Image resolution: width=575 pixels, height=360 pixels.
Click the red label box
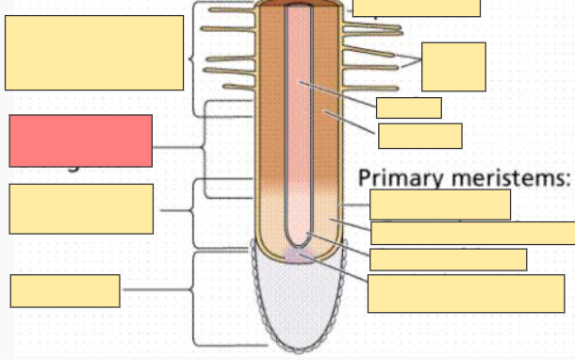point(80,140)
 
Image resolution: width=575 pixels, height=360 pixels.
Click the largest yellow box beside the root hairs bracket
point(94,53)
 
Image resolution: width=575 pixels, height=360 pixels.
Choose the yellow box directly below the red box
point(81,208)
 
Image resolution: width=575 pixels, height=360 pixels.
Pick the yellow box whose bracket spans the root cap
point(65,290)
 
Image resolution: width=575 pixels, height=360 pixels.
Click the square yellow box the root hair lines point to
point(453,66)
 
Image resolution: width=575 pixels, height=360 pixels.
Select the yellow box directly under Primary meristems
point(440,205)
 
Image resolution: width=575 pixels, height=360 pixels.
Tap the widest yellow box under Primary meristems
point(472,233)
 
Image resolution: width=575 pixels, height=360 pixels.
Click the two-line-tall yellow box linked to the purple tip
point(466,293)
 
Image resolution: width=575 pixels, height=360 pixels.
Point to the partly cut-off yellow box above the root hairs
point(416,8)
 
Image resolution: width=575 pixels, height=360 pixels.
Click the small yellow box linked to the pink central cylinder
point(408,107)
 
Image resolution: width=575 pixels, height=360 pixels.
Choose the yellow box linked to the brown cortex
point(419,136)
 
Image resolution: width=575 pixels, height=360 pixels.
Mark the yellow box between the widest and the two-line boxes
point(448,259)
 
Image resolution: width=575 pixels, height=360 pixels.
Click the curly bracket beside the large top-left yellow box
point(195,57)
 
